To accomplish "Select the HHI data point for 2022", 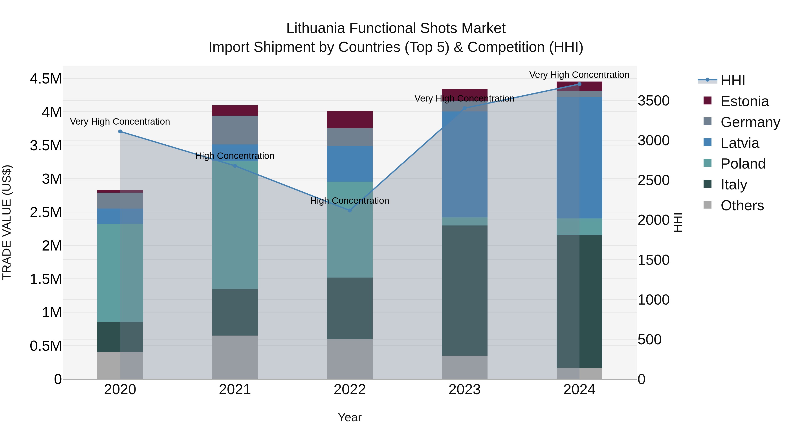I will pos(350,210).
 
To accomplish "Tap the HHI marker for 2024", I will pos(579,84).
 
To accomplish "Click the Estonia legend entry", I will pos(744,101).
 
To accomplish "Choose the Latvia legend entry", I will pos(739,143).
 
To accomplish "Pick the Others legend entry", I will pos(742,205).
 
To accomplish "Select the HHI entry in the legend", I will pos(733,80).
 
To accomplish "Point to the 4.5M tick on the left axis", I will pos(46,79).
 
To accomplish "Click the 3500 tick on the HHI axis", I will pos(654,101).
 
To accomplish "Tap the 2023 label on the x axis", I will pos(464,389).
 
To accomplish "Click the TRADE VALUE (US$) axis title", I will pos(7,222).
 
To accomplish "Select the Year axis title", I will pos(350,417).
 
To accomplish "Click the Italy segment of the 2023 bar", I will pos(464,290).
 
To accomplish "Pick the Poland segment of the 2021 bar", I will pos(235,225).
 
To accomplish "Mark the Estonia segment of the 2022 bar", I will pos(350,120).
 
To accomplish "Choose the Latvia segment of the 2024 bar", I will pos(579,158).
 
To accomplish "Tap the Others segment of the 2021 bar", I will pos(235,357).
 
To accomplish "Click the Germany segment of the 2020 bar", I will pos(120,201).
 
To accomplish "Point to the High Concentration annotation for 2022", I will pos(350,201).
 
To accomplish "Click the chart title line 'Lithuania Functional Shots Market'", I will pos(396,28).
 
